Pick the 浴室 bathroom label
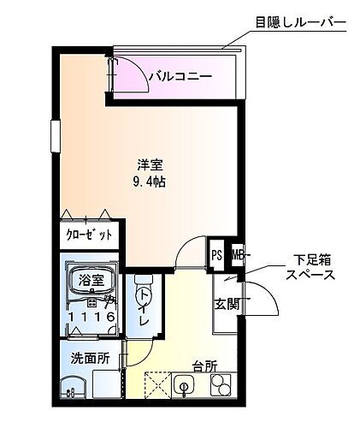91,280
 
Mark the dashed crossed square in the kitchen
158,387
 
